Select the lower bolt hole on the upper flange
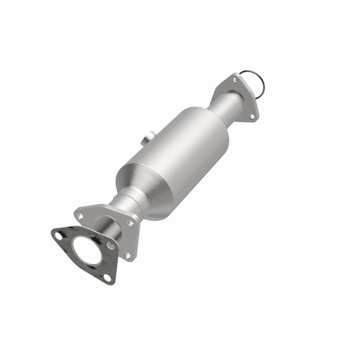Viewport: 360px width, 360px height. pyautogui.click(x=252, y=117)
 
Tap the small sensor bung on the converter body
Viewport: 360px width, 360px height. pyautogui.click(x=149, y=137)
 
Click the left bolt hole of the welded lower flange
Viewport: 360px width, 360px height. pyautogui.click(x=80, y=216)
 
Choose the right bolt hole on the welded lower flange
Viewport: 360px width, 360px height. pyautogui.click(x=131, y=222)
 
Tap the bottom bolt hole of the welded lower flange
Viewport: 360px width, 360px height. pyautogui.click(x=127, y=255)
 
